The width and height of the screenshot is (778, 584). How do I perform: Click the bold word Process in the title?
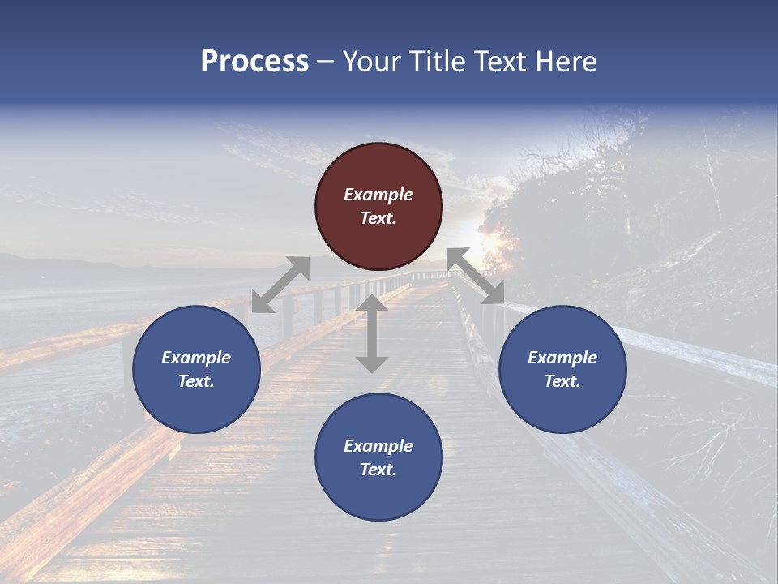click(x=254, y=62)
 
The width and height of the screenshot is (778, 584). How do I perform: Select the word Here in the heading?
click(x=565, y=62)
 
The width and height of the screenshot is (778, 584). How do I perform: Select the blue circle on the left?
click(x=196, y=369)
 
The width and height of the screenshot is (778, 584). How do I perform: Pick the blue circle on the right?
click(x=562, y=369)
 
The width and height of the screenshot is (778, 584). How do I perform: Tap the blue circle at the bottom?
click(x=378, y=457)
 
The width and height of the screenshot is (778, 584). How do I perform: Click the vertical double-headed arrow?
click(x=372, y=333)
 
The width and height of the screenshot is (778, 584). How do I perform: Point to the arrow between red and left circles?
click(x=280, y=285)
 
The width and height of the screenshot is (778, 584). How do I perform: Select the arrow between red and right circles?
click(x=476, y=276)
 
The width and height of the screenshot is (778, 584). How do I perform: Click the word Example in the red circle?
click(x=378, y=195)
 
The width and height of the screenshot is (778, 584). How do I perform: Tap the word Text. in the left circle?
click(x=196, y=381)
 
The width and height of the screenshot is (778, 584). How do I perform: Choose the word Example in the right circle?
click(x=562, y=358)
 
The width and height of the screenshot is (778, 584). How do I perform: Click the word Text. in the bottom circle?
click(x=378, y=470)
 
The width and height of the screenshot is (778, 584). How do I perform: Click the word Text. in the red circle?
click(x=378, y=218)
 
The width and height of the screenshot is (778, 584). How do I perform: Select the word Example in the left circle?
click(x=196, y=358)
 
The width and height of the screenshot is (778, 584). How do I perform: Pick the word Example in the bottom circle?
click(x=378, y=446)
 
